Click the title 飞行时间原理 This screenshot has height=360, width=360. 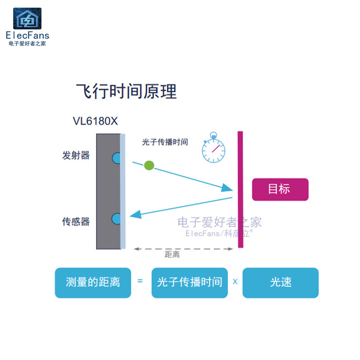(126, 91)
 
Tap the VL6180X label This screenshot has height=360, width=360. (95, 121)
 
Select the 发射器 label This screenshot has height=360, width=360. (76, 156)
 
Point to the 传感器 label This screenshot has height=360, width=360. (76, 221)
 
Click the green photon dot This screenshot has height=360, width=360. (149, 166)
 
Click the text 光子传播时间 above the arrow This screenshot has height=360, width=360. (165, 142)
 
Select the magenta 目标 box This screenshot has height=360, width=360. (280, 189)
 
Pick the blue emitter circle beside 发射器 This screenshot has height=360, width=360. (117, 158)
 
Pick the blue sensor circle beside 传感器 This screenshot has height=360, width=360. (117, 219)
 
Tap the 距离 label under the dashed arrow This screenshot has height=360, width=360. (172, 255)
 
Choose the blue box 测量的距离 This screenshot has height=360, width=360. (93, 283)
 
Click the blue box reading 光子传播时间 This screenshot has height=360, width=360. (189, 283)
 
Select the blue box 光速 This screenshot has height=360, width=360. (280, 283)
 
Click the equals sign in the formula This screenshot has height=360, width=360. (140, 281)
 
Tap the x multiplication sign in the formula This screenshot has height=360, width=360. (235, 282)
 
